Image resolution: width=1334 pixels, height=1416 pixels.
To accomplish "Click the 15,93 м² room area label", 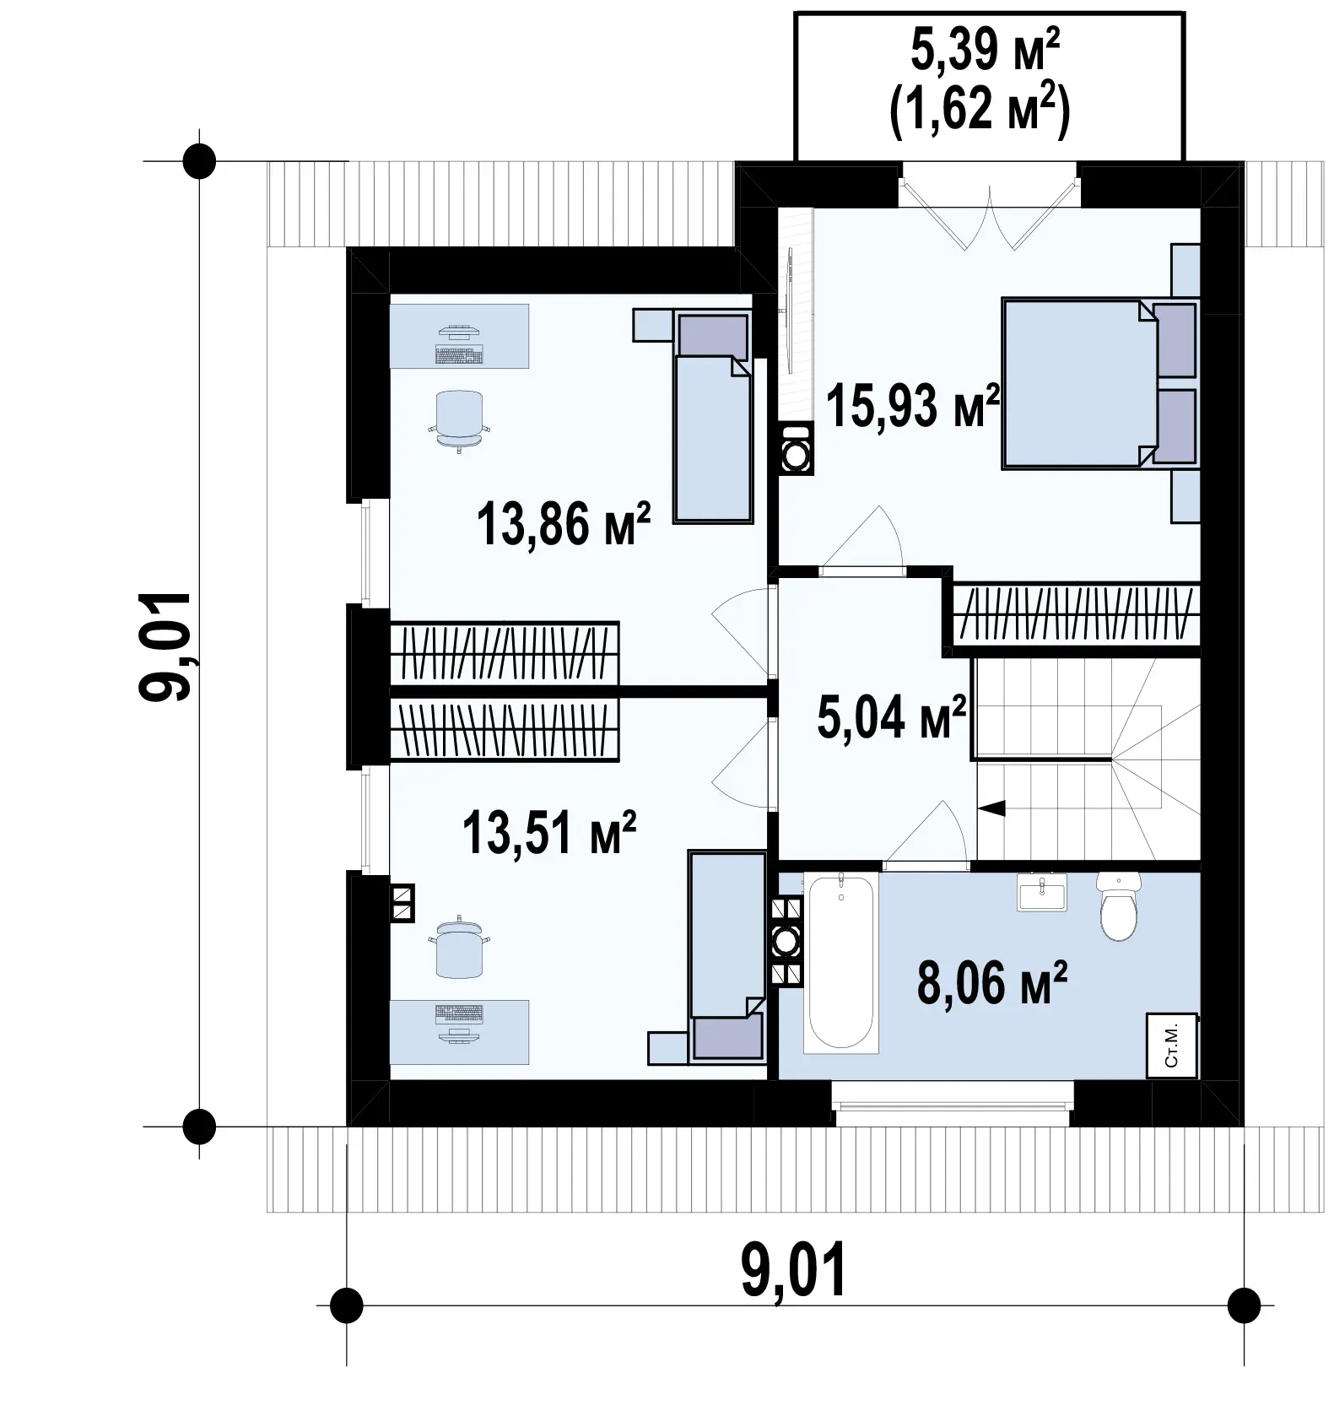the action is [x=913, y=405].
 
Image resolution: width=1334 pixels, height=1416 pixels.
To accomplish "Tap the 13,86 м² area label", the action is [x=563, y=523].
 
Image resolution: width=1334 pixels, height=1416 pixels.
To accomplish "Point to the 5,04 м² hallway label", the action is [x=892, y=717].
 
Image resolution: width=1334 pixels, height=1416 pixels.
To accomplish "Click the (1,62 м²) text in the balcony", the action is [x=980, y=110].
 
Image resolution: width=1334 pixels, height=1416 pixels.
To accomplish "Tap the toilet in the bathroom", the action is [x=1119, y=905].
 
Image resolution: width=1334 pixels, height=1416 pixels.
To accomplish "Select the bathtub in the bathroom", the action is [x=840, y=963].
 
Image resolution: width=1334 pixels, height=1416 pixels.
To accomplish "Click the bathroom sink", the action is [x=1042, y=892].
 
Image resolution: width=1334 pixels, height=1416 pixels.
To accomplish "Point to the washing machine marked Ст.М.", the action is [x=1172, y=1045].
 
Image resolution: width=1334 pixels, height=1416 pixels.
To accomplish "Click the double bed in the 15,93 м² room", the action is [x=1099, y=382].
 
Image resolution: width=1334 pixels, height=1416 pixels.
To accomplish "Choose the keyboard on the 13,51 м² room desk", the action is [x=459, y=1013].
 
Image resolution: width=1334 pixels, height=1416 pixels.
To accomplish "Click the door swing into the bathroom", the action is [x=926, y=831].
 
